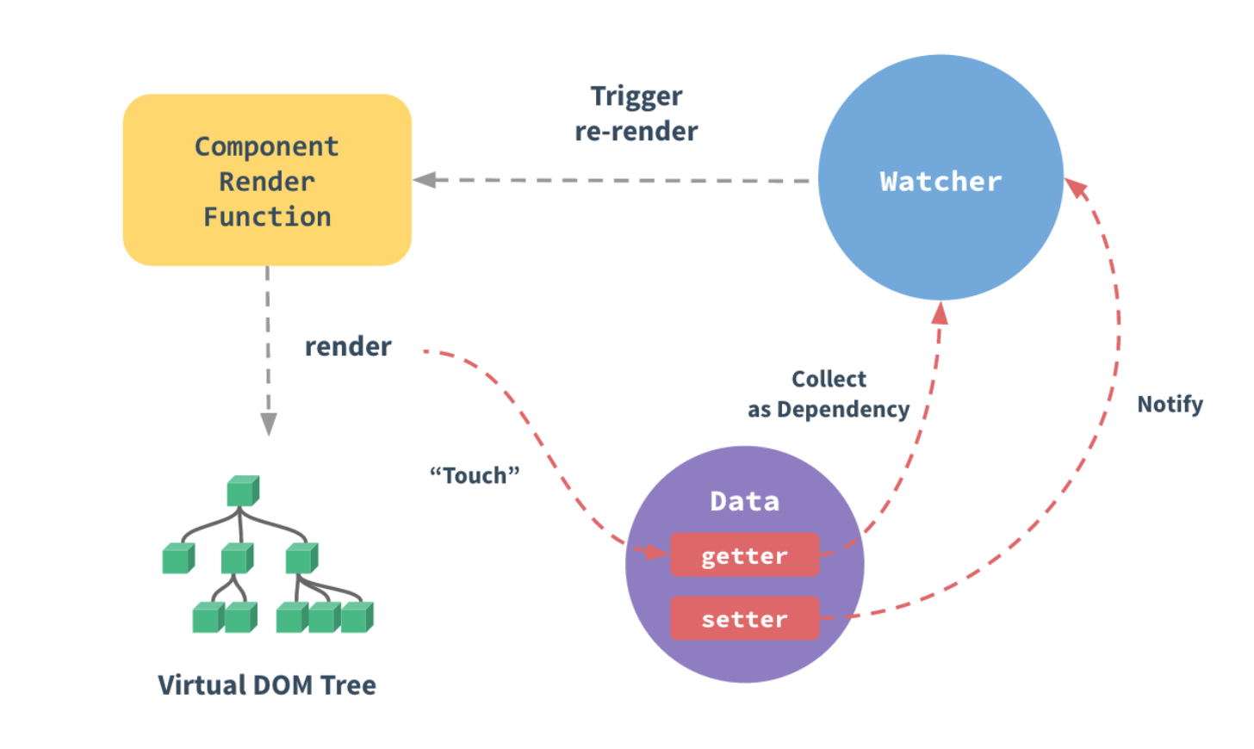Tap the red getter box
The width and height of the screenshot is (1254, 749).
coord(744,556)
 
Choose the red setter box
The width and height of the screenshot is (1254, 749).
coord(744,619)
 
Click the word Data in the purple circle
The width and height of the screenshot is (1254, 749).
coord(744,501)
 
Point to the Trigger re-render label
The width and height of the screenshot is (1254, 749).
coord(636,114)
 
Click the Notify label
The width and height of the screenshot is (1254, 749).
coord(1170,404)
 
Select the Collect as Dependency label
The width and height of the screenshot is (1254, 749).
coord(829,394)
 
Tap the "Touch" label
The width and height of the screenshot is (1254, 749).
coord(475,475)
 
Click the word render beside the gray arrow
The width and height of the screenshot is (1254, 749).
coord(348,346)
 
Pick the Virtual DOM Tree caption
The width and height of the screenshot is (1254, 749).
coord(267,685)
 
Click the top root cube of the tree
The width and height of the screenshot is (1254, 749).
coord(242,492)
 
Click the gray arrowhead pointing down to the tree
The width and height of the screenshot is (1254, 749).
coord(269,424)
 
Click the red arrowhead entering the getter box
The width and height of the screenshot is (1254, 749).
coord(655,552)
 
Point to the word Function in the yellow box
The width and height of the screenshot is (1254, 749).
coord(267,217)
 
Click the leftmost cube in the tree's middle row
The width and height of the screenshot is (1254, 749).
coord(177,559)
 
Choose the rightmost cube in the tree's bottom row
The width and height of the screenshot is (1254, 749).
coord(357,617)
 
